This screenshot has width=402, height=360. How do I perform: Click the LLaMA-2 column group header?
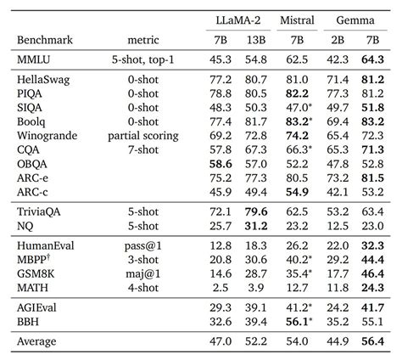coord(238,20)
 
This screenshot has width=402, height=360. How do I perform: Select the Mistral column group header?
coord(297,20)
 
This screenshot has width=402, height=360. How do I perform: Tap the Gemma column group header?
coord(355,20)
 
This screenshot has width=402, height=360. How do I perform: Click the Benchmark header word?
coord(45,40)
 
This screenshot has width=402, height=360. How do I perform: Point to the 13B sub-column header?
coord(256,40)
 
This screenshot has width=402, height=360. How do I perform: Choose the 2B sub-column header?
coord(338,40)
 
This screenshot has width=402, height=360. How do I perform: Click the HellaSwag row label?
coord(43,80)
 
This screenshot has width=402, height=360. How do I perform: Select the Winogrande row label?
coord(47,136)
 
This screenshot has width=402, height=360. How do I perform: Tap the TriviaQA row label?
coord(39,211)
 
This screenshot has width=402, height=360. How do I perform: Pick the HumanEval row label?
coord(46,245)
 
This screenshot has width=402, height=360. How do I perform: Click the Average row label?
coord(36,341)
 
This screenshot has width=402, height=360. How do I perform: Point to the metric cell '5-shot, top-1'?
coord(142,59)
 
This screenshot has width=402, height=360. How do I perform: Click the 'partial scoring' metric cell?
coord(143,136)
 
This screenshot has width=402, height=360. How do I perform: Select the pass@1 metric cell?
coord(143,245)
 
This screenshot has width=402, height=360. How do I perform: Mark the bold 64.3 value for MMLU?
coord(372,59)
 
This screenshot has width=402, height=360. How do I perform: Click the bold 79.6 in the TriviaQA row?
coord(256,211)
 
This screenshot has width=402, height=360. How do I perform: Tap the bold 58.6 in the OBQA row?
coord(221,164)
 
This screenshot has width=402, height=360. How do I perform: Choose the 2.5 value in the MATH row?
coord(221,288)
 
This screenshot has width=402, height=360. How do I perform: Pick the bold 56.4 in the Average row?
coord(372,341)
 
